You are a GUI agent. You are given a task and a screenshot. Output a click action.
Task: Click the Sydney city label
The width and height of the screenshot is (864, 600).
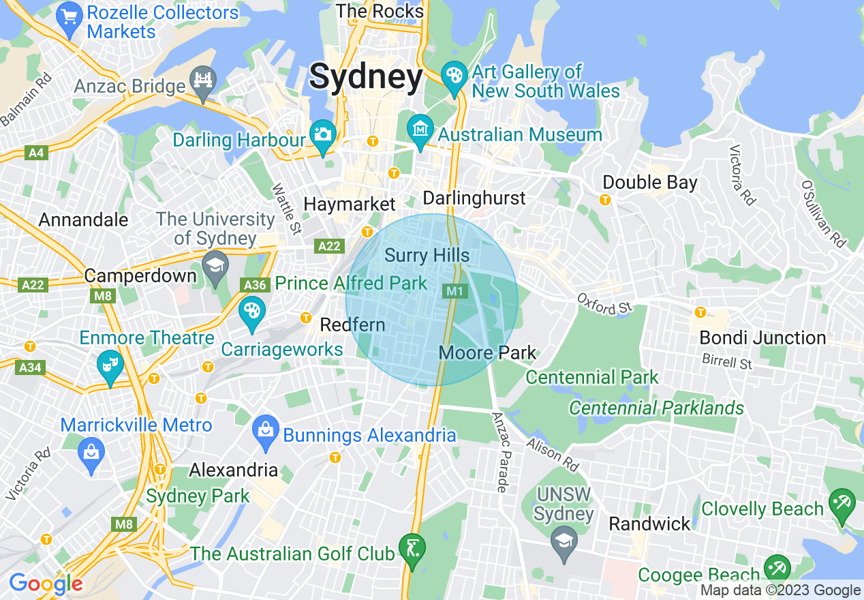coord(366,78)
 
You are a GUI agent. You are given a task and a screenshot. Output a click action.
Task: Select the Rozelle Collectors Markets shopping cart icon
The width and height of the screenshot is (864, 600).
coord(68,14)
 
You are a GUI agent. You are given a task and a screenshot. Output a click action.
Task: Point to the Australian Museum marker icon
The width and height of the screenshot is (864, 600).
coord(420,127)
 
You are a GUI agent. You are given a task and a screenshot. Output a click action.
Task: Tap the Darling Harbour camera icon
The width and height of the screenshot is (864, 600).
coord(323,134)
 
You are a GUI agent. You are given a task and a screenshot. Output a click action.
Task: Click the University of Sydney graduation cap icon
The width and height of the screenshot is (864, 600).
coord(215,264)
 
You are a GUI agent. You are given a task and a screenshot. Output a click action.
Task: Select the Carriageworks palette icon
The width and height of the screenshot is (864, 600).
coord(251,311)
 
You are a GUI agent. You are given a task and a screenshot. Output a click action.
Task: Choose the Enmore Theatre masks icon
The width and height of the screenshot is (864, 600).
coord(109,364)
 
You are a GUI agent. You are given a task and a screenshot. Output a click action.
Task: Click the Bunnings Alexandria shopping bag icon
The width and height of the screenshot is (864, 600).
coord(265,430)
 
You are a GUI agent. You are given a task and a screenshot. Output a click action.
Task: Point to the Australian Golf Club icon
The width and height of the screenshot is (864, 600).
coord(412,547)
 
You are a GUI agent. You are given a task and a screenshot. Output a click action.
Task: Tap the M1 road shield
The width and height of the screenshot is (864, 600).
coord(454,291)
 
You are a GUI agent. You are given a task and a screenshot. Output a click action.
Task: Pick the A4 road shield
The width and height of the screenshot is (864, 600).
coord(37,153)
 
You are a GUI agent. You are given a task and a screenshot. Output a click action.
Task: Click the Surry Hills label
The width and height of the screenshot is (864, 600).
coord(427,256)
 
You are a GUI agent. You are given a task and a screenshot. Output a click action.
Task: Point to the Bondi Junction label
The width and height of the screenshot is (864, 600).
coord(762,338)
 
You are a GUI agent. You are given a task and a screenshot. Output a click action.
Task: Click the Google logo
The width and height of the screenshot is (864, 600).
coord(46,584)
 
